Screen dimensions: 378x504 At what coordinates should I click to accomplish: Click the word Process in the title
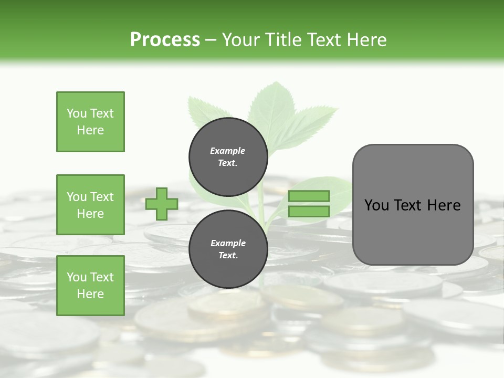(x=165, y=40)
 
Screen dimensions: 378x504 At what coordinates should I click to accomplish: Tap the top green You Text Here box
(x=90, y=122)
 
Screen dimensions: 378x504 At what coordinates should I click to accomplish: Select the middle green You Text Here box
(x=90, y=205)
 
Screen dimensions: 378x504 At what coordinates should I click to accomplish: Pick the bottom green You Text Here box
(x=90, y=286)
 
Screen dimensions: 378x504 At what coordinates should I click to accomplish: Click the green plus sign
(x=162, y=204)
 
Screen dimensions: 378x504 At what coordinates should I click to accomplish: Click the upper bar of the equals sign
(x=309, y=196)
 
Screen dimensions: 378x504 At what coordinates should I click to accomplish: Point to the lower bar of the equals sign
(x=309, y=212)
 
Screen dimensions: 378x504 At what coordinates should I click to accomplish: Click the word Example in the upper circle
(x=228, y=151)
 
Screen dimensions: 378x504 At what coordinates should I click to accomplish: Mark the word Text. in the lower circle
(x=228, y=256)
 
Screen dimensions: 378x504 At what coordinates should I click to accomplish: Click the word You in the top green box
(x=76, y=113)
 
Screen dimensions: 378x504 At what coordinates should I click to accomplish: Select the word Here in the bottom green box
(x=90, y=294)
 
